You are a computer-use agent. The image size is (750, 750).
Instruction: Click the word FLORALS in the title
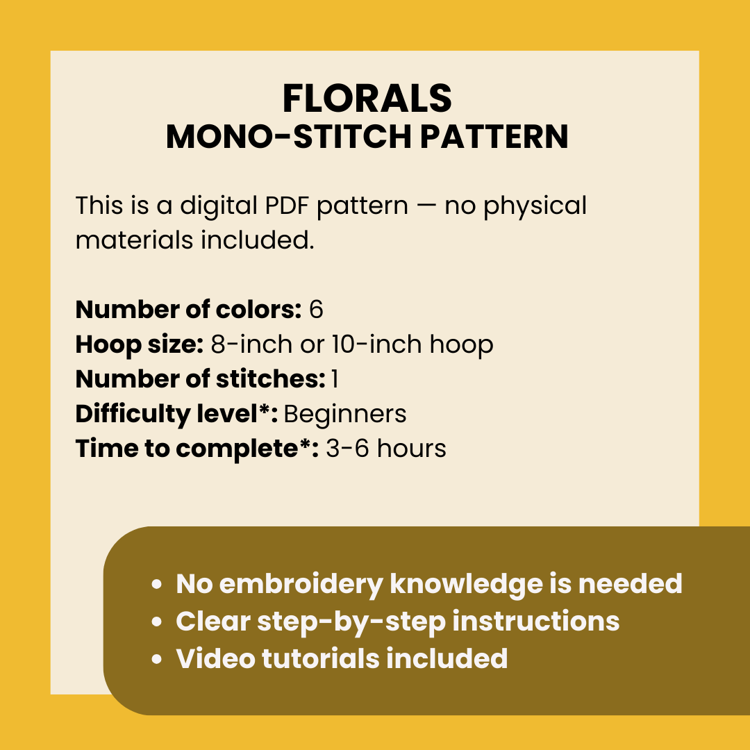367,99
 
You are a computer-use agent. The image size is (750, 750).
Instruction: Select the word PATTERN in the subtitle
494,137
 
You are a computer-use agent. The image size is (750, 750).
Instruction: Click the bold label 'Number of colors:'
187,310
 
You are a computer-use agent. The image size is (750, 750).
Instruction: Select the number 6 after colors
316,310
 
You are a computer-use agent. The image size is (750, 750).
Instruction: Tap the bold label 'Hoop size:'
139,344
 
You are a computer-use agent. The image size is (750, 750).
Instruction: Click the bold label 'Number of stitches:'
200,379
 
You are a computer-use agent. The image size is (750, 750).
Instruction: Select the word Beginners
345,414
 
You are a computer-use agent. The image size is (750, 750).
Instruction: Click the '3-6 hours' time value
385,449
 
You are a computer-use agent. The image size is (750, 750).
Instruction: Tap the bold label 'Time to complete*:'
197,449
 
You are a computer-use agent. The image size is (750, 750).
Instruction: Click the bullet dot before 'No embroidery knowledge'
158,585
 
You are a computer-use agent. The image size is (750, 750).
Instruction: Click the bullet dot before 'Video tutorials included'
158,658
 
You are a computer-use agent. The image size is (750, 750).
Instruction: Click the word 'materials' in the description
135,240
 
